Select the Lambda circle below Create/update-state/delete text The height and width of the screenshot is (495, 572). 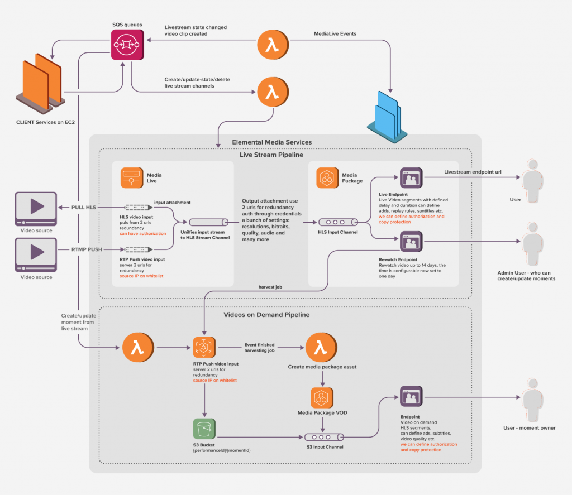pos(272,93)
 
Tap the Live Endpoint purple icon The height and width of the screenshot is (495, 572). pos(411,178)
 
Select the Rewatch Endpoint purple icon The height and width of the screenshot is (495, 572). pos(411,242)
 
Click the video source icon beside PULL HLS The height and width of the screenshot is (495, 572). pos(36,207)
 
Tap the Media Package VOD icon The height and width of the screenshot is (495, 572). pos(322,398)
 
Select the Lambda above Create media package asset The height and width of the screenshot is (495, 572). pos(320,348)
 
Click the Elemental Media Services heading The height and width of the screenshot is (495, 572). pos(272,142)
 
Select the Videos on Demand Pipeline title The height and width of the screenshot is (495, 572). pos(266,315)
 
